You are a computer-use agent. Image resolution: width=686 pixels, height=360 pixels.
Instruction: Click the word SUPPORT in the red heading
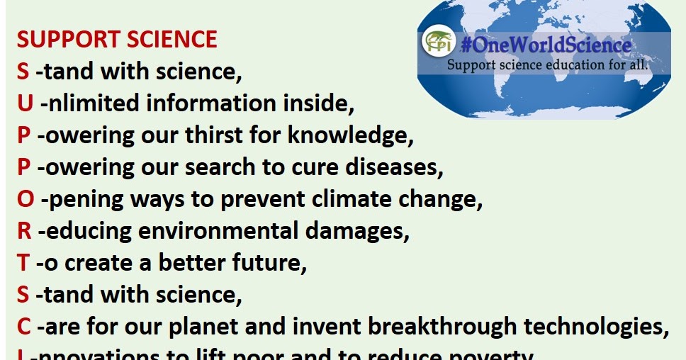click(63, 40)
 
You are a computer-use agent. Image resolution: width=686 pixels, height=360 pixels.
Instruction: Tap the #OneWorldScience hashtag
click(545, 45)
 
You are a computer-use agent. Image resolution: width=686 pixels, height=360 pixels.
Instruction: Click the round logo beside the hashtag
click(438, 43)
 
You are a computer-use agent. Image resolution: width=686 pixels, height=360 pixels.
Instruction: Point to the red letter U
click(26, 103)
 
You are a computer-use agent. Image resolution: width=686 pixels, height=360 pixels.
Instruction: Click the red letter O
click(26, 199)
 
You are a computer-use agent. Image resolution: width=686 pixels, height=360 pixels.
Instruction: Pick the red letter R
click(24, 231)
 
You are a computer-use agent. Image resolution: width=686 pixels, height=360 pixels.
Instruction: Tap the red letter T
click(23, 263)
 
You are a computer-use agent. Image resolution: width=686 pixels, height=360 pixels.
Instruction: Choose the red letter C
click(24, 327)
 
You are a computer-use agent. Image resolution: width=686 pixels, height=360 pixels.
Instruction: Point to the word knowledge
click(351, 135)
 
